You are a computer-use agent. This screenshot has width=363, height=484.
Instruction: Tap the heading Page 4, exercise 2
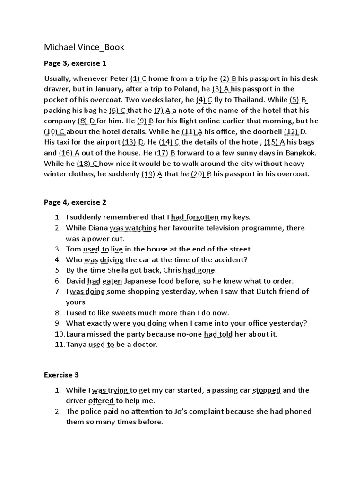75,202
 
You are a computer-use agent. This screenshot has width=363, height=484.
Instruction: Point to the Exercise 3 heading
61,375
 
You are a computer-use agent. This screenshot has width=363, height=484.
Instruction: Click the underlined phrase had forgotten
195,217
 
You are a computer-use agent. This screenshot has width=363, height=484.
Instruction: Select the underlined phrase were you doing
140,323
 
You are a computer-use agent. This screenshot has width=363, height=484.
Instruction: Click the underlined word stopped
267,390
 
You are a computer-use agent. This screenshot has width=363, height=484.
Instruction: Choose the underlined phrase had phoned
291,412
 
